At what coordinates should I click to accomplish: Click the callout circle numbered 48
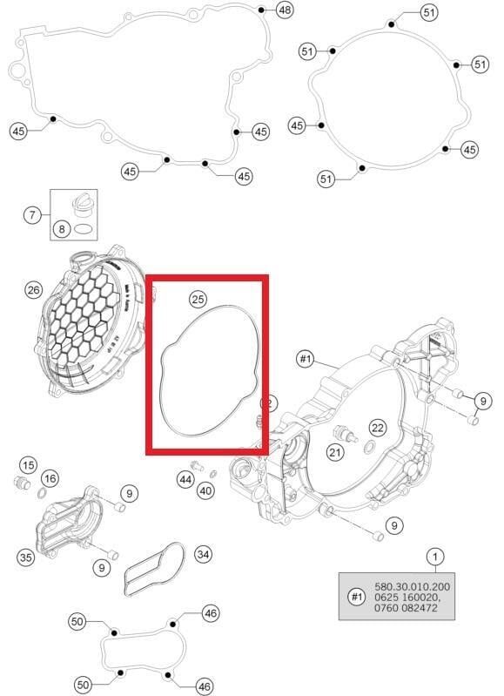[x=285, y=10]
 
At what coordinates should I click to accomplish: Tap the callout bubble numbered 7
[x=32, y=214]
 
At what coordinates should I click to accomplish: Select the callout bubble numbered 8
[x=61, y=229]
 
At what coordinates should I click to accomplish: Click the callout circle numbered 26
[x=33, y=290]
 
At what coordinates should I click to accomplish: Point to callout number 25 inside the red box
[x=198, y=300]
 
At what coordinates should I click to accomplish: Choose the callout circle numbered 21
[x=336, y=451]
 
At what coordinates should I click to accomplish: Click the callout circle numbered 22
[x=377, y=427]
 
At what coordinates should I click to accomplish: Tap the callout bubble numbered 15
[x=28, y=464]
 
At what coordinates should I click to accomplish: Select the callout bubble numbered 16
[x=50, y=478]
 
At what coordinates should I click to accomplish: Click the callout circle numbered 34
[x=203, y=553]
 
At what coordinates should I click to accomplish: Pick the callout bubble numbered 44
[x=185, y=479]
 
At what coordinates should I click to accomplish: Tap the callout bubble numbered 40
[x=205, y=491]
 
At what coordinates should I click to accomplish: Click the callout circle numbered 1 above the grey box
[x=435, y=555]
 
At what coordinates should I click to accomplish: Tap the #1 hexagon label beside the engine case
[x=306, y=358]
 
